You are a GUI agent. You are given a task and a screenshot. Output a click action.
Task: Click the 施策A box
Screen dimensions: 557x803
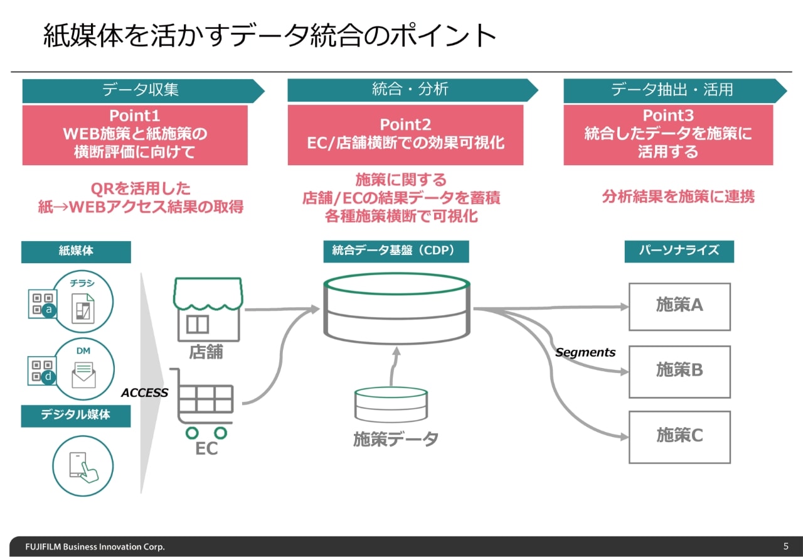[679, 306]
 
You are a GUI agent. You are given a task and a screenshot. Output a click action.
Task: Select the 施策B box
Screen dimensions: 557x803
[679, 371]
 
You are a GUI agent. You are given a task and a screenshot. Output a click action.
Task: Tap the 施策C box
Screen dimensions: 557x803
[679, 436]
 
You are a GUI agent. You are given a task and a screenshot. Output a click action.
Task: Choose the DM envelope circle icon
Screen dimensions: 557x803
[83, 369]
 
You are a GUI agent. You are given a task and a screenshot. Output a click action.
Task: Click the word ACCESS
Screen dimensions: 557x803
[145, 393]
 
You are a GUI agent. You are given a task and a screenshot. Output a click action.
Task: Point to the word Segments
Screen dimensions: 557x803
[585, 352]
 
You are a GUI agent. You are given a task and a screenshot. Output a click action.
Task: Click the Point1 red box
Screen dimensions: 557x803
[135, 135]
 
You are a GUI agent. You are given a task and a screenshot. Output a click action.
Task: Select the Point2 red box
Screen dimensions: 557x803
[405, 135]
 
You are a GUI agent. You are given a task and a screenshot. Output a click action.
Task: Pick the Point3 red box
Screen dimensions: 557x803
[668, 135]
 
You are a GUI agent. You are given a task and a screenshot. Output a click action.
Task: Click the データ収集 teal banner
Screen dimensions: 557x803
[141, 90]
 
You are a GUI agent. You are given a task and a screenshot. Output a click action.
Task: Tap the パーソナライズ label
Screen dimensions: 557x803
[679, 251]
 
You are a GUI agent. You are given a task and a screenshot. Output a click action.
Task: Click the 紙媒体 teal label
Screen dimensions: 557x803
[76, 251]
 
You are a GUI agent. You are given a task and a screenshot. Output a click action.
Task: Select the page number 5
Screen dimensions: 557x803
[786, 546]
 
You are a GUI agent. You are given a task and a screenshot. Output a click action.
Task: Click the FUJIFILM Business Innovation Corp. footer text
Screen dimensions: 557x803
[95, 546]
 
